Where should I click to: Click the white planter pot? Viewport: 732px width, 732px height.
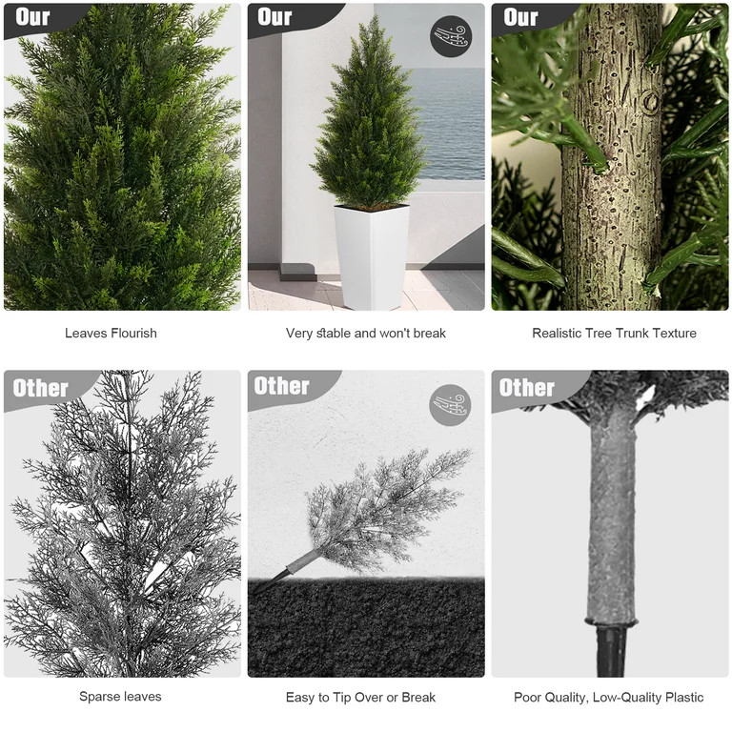tap(371, 254)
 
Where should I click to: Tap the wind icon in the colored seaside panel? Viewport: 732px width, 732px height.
tap(451, 36)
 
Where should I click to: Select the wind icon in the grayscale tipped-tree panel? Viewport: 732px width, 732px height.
tap(450, 404)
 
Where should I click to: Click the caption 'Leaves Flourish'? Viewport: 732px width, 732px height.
tap(111, 334)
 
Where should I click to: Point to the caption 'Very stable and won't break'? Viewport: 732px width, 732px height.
tap(366, 334)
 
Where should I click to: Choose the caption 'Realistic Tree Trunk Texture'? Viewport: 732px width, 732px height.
tap(614, 334)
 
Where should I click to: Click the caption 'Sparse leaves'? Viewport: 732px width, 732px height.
tap(120, 697)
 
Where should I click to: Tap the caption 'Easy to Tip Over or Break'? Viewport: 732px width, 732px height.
tap(360, 698)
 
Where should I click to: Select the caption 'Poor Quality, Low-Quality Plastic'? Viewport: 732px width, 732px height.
tap(608, 698)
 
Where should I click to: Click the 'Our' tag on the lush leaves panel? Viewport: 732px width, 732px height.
tap(33, 17)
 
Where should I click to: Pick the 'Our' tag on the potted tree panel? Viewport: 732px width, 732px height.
tap(274, 17)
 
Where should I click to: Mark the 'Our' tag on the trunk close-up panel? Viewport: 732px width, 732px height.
tap(520, 17)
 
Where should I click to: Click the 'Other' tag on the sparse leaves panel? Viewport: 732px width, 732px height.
tap(41, 388)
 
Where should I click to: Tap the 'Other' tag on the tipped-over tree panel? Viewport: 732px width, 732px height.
tap(282, 386)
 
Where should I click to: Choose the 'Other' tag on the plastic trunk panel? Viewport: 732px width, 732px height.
tap(527, 387)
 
